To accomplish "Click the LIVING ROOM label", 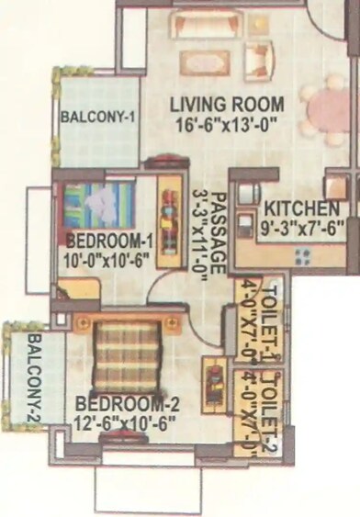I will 226,104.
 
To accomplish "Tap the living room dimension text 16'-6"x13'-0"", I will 225,120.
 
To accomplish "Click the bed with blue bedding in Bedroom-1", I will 99,206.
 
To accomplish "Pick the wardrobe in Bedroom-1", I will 169,227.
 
